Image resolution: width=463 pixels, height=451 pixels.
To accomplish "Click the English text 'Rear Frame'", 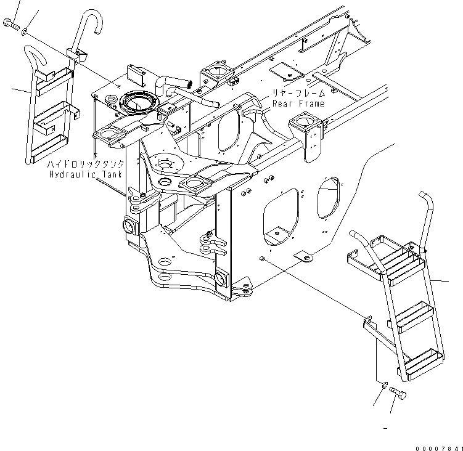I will [x=298, y=104].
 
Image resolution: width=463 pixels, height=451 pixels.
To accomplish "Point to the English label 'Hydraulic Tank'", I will [x=87, y=175].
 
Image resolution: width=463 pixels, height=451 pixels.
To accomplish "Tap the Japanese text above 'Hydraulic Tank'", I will [x=87, y=165].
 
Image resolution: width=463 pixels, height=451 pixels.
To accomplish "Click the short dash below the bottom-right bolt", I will [x=385, y=427].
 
